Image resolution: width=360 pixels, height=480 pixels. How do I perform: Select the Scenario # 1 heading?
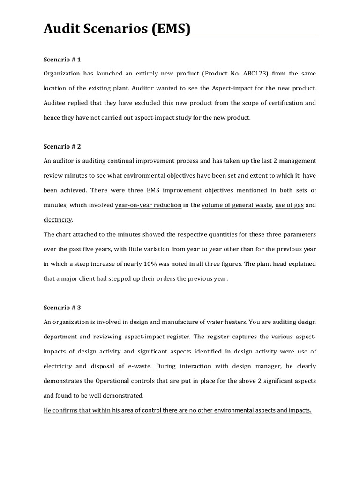pos(62,60)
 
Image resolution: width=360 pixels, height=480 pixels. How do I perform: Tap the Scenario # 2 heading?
pos(62,146)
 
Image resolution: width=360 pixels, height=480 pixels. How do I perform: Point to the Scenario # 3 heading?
pos(62,307)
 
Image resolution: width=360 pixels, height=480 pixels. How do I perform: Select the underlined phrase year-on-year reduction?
pos(148,205)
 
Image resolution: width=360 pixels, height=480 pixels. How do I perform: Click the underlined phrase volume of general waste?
pos(236,205)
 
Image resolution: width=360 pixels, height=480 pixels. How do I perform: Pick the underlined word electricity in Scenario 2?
pos(58,219)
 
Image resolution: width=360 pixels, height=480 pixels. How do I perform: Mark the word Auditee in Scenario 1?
pos(55,103)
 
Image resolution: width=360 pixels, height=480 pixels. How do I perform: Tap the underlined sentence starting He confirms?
pos(177,410)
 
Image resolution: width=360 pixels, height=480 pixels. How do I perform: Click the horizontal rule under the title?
pos(181,37)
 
